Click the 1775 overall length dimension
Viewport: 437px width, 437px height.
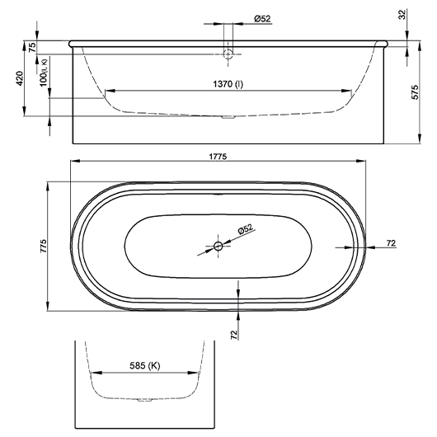[x=218, y=156]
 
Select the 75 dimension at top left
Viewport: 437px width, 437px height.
[x=32, y=47]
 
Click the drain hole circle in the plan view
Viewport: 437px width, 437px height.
[x=218, y=246]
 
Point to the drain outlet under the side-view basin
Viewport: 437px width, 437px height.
[x=228, y=117]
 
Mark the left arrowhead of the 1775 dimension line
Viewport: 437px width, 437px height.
[x=74, y=162]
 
